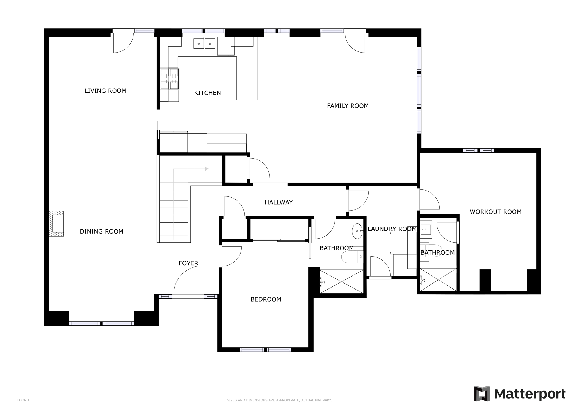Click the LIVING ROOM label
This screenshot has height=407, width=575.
(105, 91)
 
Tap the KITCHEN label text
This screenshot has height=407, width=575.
(207, 93)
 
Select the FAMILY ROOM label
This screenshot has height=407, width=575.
(348, 106)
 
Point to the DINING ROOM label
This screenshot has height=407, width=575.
(101, 232)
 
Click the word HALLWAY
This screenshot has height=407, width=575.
(279, 202)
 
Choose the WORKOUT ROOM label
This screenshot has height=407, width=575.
(495, 212)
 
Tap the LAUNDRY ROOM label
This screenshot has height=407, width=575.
(392, 229)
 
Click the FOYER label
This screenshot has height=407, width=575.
(188, 263)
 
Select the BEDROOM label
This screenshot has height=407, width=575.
(266, 300)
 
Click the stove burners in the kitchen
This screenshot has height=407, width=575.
(170, 79)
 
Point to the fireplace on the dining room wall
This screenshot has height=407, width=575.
(57, 223)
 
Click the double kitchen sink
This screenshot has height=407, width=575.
(204, 44)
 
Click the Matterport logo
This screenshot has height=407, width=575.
(520, 394)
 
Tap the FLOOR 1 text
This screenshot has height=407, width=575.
(22, 400)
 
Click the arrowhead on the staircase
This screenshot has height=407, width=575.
(207, 169)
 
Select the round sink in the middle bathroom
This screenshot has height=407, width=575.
(357, 231)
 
